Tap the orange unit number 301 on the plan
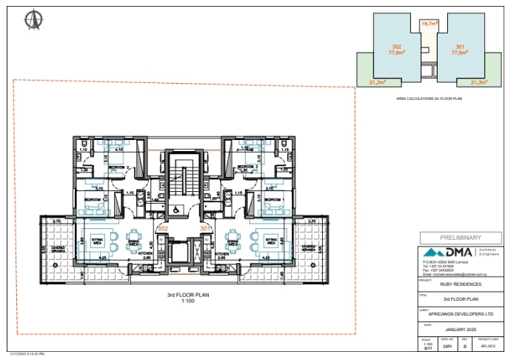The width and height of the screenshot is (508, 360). [x=205, y=229]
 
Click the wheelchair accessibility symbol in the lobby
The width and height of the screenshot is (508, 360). [x=175, y=210]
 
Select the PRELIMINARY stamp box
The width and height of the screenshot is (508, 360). [x=460, y=238]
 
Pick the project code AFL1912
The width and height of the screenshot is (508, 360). [x=487, y=345]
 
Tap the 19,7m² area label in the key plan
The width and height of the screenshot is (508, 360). [x=429, y=24]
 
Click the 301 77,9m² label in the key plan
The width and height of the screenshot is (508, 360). [x=459, y=50]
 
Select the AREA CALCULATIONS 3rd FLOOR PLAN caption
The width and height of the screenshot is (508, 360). [x=429, y=98]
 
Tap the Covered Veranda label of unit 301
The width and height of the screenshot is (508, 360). [x=309, y=248]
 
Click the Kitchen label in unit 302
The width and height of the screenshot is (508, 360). [x=146, y=253]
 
